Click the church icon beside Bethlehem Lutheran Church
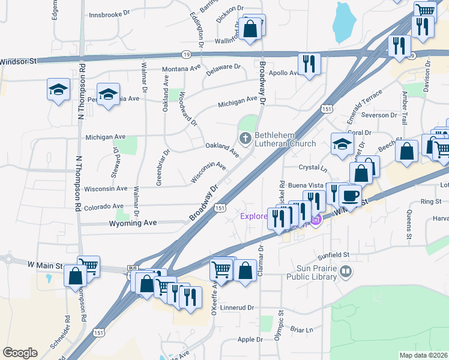(245, 139)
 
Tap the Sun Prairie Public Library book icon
(346, 272)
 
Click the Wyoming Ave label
(133, 223)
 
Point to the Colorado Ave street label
(104, 207)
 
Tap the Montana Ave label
(182, 68)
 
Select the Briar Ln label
(301, 329)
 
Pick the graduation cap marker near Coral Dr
(343, 144)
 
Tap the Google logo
(20, 353)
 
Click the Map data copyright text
(423, 355)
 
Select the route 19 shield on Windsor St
(188, 54)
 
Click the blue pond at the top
(343, 23)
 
